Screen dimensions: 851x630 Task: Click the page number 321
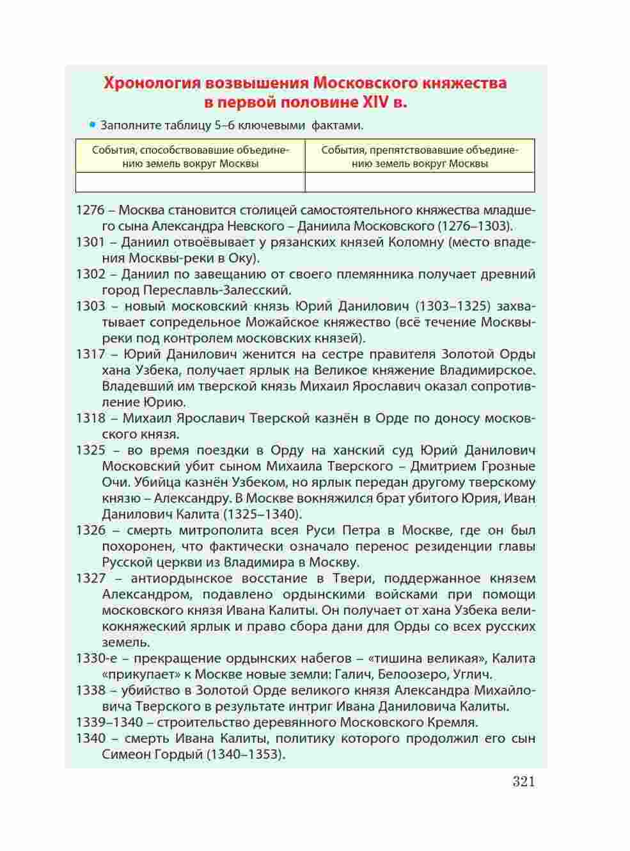tap(523, 781)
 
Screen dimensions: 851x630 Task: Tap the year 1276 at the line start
tap(90, 210)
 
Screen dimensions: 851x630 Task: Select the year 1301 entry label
tap(90, 242)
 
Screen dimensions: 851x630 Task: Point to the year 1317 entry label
tap(90, 354)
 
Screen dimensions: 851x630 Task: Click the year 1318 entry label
tap(90, 418)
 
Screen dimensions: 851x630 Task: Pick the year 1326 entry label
tap(90, 530)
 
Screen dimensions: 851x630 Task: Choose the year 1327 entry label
tap(90, 578)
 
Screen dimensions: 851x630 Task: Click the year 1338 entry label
tap(90, 690)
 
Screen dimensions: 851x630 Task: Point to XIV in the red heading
tap(377, 102)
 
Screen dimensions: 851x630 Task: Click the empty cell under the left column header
tap(190, 182)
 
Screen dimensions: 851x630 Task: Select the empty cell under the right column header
tap(420, 182)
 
